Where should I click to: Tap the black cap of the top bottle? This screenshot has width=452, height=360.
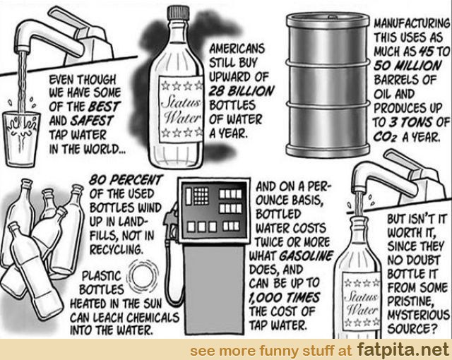tap(179, 13)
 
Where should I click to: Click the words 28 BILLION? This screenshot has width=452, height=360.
tap(241, 91)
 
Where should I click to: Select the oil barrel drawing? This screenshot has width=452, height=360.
tap(328, 85)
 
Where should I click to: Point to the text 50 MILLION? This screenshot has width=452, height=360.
tap(408, 66)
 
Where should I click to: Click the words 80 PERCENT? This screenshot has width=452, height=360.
tap(126, 180)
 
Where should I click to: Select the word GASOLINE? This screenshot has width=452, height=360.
tap(306, 256)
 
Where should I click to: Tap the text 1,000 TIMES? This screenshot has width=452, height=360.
tap(284, 298)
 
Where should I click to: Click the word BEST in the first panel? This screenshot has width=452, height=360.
tap(104, 107)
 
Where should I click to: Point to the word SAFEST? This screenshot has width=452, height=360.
tap(93, 121)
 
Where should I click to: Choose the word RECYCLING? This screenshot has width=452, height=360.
tap(116, 250)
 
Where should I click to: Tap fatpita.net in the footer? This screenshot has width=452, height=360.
tap(403, 350)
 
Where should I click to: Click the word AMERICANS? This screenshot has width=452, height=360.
tap(237, 49)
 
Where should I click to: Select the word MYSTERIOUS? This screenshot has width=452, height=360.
tap(418, 315)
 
